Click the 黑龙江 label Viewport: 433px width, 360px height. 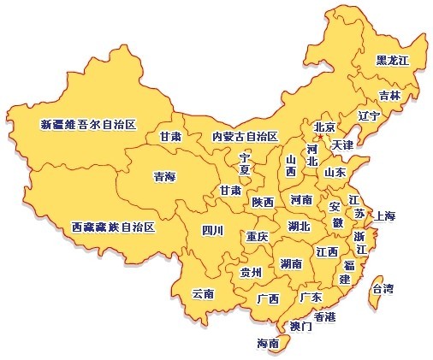[x=394, y=61]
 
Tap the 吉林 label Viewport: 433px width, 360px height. [x=390, y=96]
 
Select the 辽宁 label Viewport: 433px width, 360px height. [x=370, y=115]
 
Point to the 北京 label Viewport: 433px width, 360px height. [x=324, y=127]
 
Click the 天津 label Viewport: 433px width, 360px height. [x=342, y=145]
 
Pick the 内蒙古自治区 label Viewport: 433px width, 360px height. [x=245, y=137]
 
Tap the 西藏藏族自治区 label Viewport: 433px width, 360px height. [x=113, y=227]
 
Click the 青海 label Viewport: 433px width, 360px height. [x=163, y=177]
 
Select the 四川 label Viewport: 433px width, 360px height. [x=212, y=229]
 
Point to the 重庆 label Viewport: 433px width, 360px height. [x=257, y=236]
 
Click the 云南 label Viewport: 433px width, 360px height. [x=203, y=293]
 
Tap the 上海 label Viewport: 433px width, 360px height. [x=385, y=215]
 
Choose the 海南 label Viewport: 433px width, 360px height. [x=268, y=344]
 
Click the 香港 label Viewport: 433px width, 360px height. [x=324, y=316]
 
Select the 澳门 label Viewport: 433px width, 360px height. [x=301, y=327]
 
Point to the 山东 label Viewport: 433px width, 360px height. [x=335, y=172]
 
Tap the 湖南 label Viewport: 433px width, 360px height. [x=290, y=264]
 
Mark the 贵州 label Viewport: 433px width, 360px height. [x=251, y=273]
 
